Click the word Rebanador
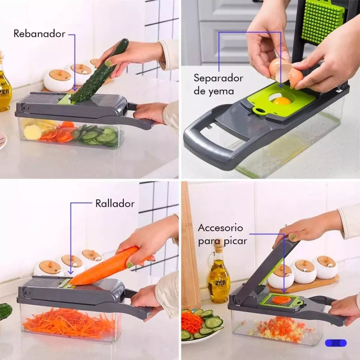(39, 34)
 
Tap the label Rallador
(115, 204)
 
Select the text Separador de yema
(218, 84)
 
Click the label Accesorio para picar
(222, 234)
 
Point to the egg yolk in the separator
(281, 101)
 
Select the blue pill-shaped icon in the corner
(336, 343)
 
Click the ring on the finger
(286, 226)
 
